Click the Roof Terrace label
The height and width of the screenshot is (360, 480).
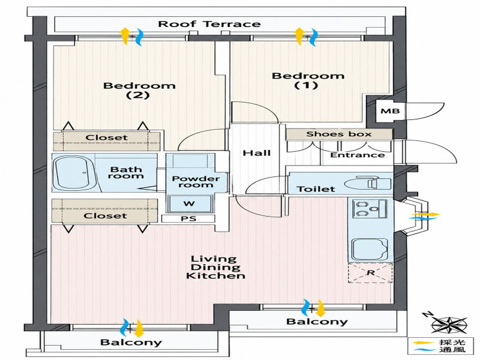(209, 24)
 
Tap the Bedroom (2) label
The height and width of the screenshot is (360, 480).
(139, 90)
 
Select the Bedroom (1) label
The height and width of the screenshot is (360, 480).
(308, 80)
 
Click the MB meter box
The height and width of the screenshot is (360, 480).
(389, 110)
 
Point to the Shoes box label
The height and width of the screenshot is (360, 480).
(339, 134)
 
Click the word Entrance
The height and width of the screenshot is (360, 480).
(358, 155)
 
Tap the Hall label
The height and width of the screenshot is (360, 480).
(257, 152)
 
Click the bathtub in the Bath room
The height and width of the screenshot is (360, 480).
(74, 173)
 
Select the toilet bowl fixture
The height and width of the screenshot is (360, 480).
(367, 184)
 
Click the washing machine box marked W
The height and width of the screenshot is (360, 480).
(190, 203)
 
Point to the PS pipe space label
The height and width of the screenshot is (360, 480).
(188, 218)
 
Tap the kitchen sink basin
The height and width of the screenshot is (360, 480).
(370, 249)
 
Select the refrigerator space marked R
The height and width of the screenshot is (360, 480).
(370, 272)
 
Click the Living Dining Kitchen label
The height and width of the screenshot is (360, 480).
(215, 267)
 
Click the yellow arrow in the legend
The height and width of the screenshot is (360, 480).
(424, 343)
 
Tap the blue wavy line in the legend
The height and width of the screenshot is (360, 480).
(424, 350)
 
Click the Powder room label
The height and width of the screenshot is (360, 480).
(196, 182)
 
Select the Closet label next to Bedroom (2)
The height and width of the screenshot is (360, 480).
(106, 137)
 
